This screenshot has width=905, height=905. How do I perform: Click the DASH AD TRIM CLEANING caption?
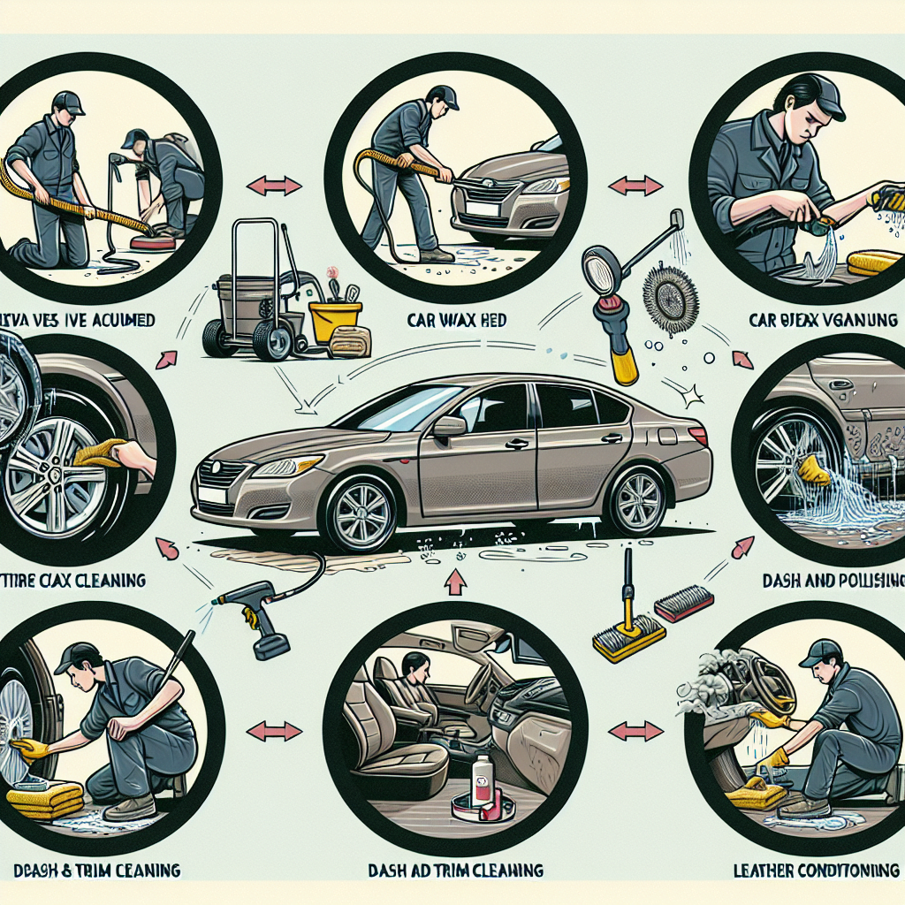point(454,871)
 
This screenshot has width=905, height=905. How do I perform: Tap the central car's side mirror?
point(449,426)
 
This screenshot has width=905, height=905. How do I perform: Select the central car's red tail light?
point(697,435)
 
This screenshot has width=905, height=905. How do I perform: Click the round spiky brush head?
point(670,297)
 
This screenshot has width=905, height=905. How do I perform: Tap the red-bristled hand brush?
point(683,605)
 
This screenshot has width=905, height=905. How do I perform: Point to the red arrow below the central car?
point(456,582)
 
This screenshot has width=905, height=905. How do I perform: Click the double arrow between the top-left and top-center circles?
point(273,186)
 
